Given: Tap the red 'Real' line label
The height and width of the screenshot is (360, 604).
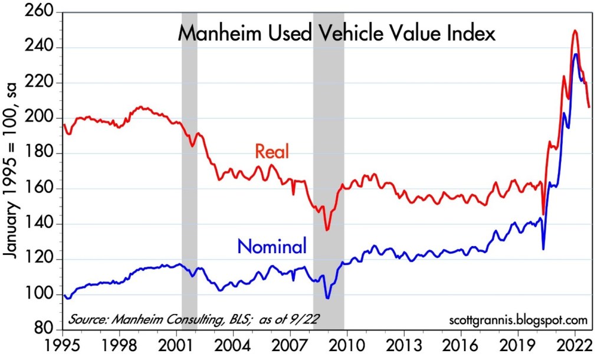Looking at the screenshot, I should click(272, 152).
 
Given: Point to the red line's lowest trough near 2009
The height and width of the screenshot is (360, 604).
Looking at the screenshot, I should click(327, 230).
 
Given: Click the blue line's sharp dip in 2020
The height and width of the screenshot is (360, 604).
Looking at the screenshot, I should click(543, 248).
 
